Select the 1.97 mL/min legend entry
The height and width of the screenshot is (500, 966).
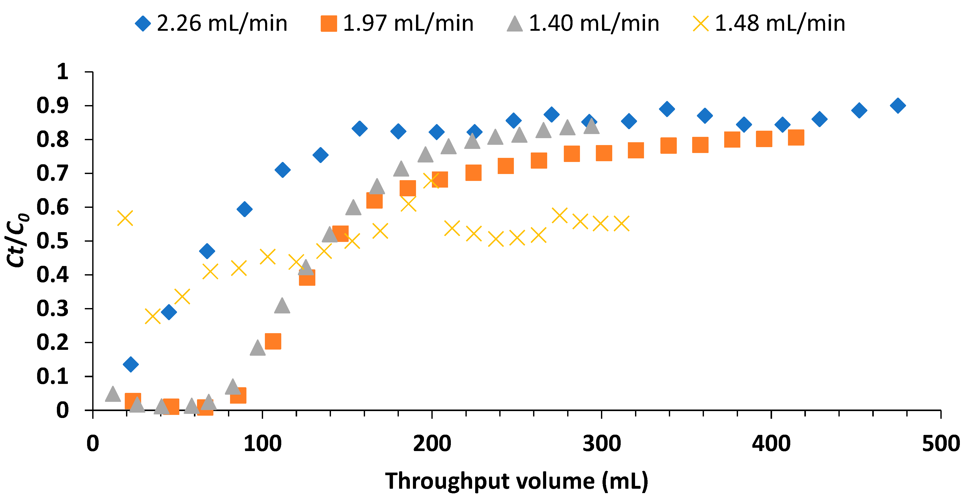[x=398, y=23]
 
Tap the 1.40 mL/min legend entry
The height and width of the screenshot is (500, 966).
[x=583, y=23]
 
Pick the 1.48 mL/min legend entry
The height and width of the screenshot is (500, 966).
[x=769, y=23]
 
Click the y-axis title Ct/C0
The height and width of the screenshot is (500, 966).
[x=17, y=240]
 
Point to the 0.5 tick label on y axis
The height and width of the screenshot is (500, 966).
[x=53, y=241]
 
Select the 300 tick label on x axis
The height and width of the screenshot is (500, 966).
[x=601, y=444]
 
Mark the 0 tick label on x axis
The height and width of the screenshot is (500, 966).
[x=93, y=444]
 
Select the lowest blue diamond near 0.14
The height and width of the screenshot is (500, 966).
[x=130, y=364]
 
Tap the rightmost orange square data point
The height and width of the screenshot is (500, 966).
[x=796, y=137]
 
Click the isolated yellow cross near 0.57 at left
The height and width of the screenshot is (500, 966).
[x=125, y=218]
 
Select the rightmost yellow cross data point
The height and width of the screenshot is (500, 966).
[x=621, y=223]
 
